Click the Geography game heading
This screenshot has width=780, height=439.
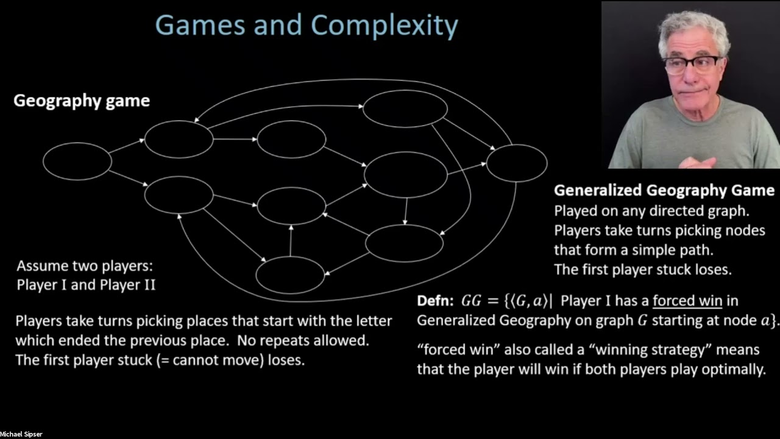pos(82,101)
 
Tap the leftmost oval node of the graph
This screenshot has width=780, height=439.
pos(77,161)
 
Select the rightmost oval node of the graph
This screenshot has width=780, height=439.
pos(516,163)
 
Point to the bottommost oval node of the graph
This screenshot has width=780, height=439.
pos(289,275)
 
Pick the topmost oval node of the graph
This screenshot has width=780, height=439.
pos(405,109)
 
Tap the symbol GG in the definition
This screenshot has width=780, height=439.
pos(470,301)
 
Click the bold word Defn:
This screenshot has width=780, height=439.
pos(436,301)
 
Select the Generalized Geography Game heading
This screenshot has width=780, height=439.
pos(664,191)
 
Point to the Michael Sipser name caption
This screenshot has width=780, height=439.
pos(21,434)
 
